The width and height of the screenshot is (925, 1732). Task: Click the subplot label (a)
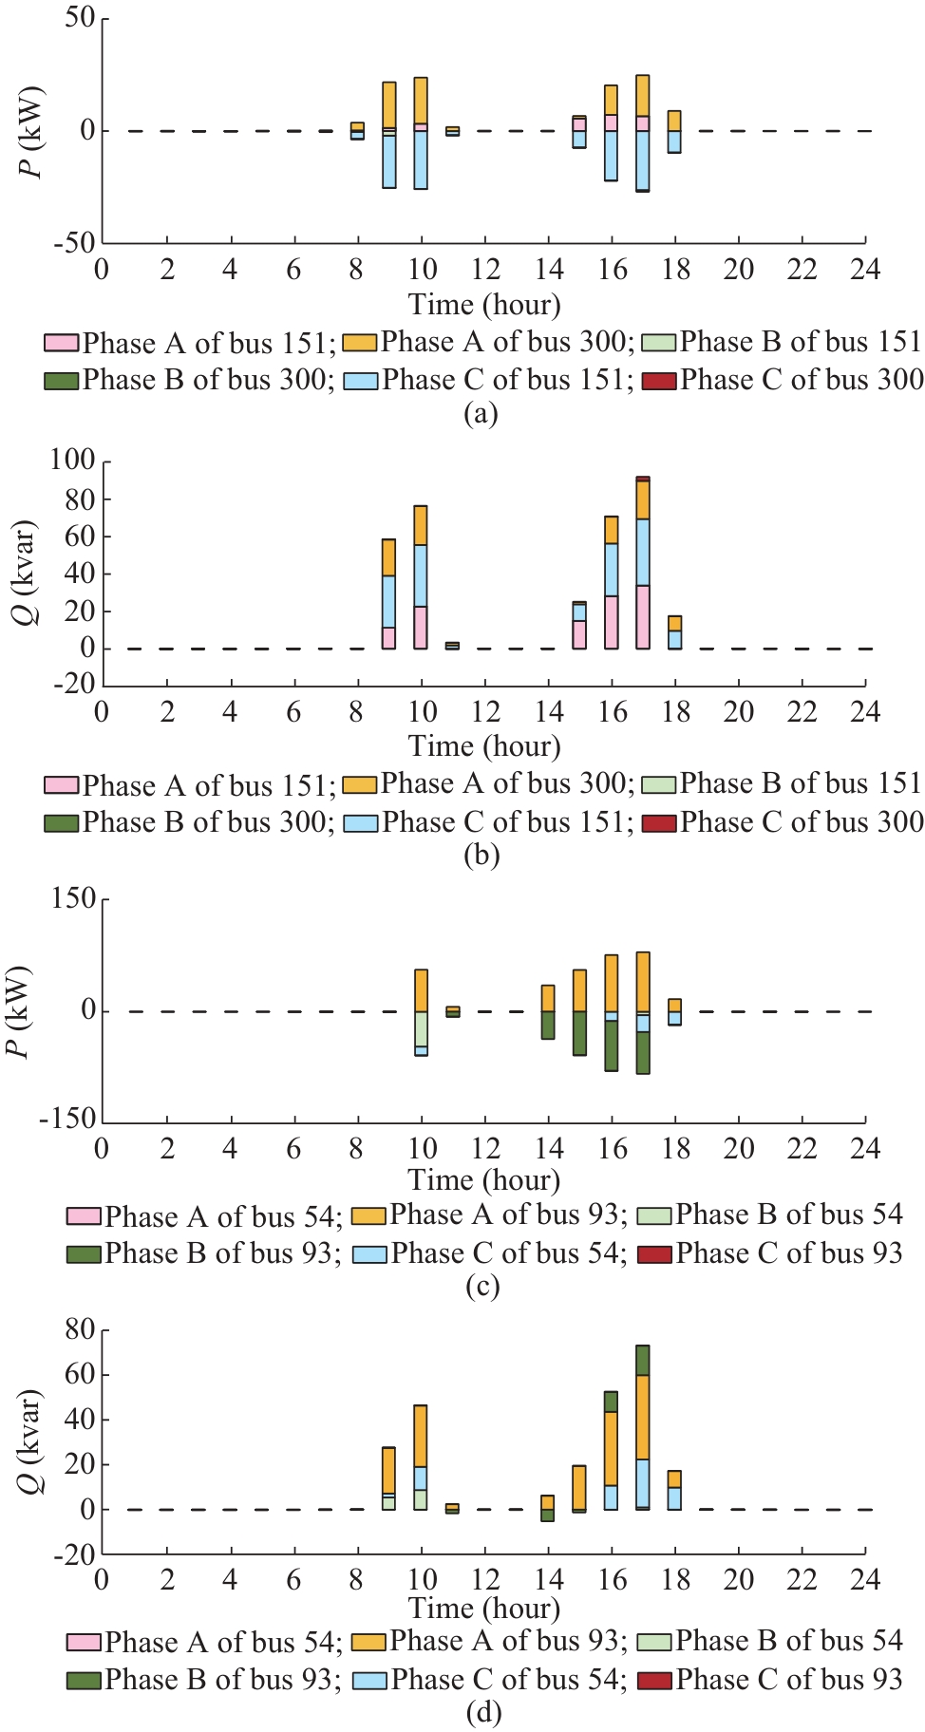[481, 414]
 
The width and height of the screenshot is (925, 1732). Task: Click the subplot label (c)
[482, 1287]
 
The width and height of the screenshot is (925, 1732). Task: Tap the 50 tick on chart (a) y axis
[80, 19]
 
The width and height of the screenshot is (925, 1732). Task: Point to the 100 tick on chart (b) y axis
[72, 461]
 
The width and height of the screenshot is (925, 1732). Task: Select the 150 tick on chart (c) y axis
[72, 898]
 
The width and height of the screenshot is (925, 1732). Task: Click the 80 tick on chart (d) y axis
[80, 1329]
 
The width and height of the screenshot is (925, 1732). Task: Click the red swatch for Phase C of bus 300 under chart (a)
[658, 381]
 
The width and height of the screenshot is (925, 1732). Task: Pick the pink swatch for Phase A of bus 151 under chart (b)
[61, 785]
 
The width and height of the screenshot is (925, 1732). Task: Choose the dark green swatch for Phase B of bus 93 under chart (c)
[84, 1254]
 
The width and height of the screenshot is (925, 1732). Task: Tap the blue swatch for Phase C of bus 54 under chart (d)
[369, 1680]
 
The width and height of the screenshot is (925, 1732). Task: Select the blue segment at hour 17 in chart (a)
[643, 160]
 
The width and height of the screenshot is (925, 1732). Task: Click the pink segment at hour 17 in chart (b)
[643, 617]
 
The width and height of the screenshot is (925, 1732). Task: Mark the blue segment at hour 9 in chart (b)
[388, 601]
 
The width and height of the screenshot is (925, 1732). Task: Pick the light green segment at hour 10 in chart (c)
[421, 1029]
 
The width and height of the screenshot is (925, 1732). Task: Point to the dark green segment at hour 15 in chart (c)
[579, 1033]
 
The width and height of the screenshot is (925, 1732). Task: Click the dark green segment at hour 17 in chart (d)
[643, 1360]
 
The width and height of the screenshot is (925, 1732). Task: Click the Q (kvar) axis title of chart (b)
[30, 573]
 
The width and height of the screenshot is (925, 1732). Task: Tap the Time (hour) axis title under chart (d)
[484, 1609]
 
